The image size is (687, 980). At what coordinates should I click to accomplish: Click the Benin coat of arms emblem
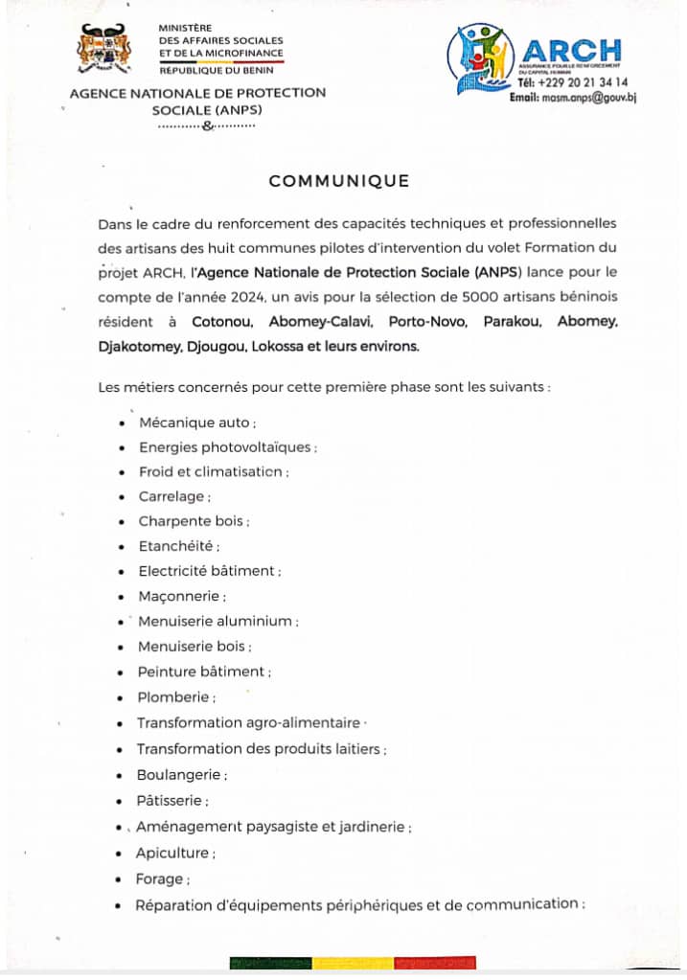coord(103,50)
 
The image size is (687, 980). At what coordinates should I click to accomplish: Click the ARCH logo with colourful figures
coord(484,57)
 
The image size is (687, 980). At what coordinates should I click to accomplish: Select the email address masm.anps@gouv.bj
coord(573,98)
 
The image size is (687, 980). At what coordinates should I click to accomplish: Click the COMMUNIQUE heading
coord(338,181)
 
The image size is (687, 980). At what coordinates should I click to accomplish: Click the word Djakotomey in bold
coord(136,346)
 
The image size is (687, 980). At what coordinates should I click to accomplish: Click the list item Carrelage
coord(172,496)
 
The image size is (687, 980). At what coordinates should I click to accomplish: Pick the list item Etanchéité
coord(178,546)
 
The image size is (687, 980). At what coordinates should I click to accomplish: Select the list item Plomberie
coord(175,697)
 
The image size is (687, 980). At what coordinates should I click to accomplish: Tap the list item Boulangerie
coord(180,774)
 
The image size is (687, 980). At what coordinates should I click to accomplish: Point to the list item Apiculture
coord(173,853)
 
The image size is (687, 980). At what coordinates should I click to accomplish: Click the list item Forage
coord(161,878)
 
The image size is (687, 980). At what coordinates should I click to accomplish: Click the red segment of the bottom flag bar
coord(435,963)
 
